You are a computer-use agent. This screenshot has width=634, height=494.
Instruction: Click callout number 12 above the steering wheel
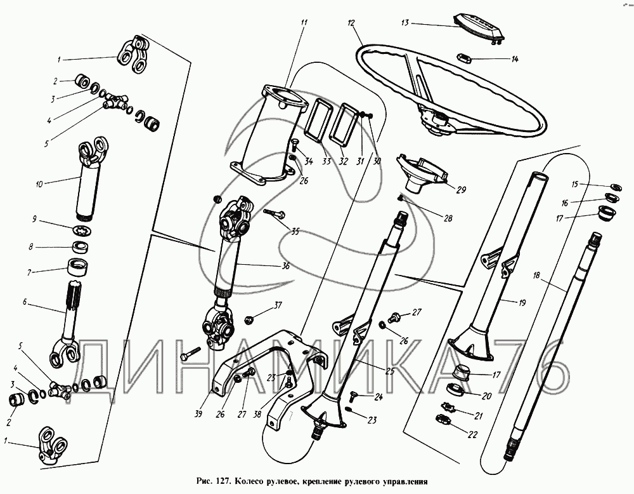(x=350, y=23)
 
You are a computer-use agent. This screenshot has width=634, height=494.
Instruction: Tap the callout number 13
(x=404, y=23)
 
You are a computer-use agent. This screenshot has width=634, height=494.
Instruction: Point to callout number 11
(x=304, y=23)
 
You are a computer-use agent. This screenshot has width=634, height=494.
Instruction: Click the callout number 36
(x=285, y=266)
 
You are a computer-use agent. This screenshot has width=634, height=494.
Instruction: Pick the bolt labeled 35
(x=273, y=214)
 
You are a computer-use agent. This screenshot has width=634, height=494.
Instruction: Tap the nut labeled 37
(x=249, y=314)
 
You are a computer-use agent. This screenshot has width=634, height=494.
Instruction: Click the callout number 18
(x=536, y=276)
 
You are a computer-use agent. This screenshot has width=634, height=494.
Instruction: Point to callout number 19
(x=521, y=304)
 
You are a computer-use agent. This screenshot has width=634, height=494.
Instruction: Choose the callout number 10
(x=39, y=184)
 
